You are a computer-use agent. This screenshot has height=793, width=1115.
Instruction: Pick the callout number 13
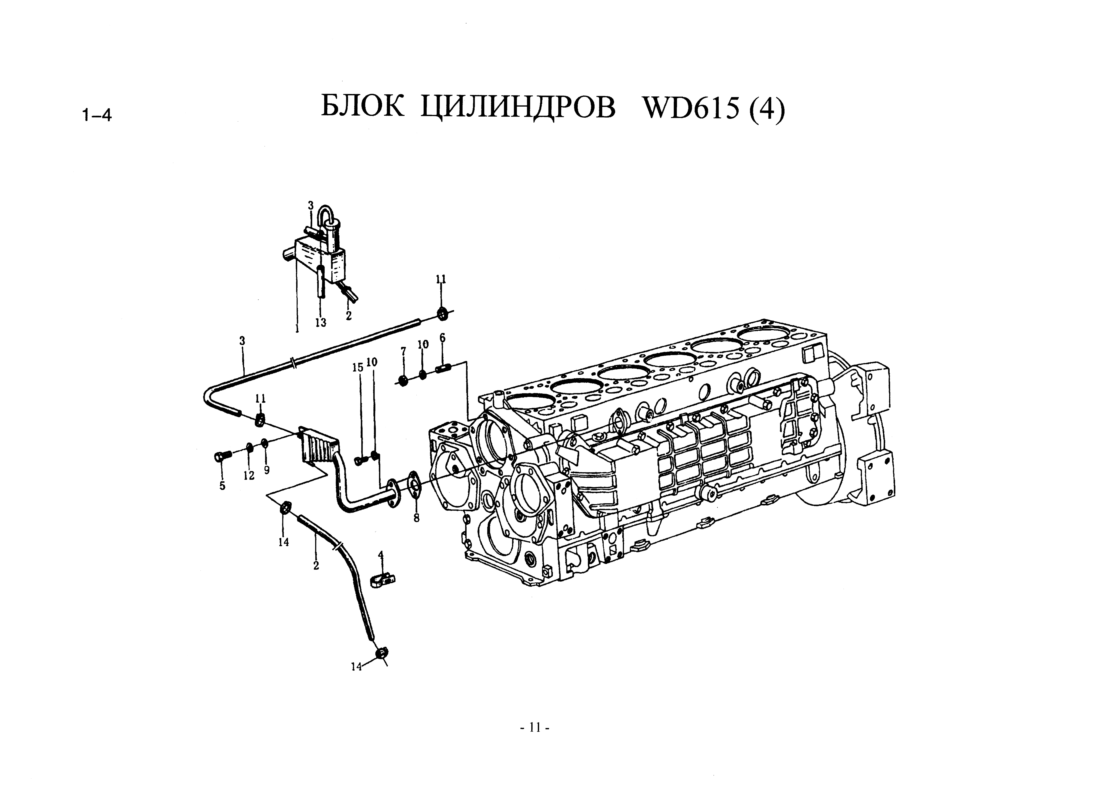tap(320, 323)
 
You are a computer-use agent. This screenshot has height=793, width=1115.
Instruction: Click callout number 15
tap(358, 367)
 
